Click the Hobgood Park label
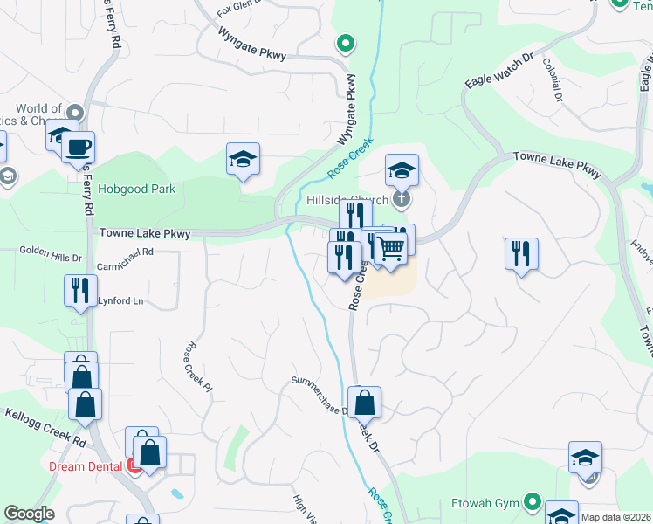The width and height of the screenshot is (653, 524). coord(136,189)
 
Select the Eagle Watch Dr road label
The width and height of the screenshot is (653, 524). coord(499,69)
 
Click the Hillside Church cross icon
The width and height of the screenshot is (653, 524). coord(402,199)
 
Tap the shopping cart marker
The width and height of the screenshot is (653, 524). coord(390,247)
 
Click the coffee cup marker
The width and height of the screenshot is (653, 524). coord(78,147)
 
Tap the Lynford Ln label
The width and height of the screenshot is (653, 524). coord(120,301)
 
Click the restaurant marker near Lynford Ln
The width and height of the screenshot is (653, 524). coord(80,290)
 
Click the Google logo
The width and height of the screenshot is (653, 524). coord(29,514)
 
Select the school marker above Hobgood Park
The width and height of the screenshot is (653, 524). coord(244,160)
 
